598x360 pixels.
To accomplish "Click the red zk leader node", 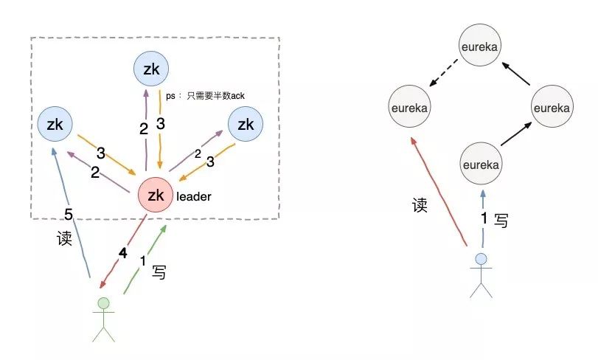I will pos(156,195).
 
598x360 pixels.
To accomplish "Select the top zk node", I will pos(151,69).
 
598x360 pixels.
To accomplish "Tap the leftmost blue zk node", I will pos(55,125).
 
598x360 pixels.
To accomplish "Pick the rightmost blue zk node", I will pos(246,125).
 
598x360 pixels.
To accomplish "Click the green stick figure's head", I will pos(103,302).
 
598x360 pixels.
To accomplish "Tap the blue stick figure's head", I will pos(481,259).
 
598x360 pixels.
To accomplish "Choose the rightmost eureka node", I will pos(551,108).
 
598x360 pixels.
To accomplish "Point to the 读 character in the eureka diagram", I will pos(420,205).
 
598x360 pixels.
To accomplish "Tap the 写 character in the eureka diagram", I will pos(501,220).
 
